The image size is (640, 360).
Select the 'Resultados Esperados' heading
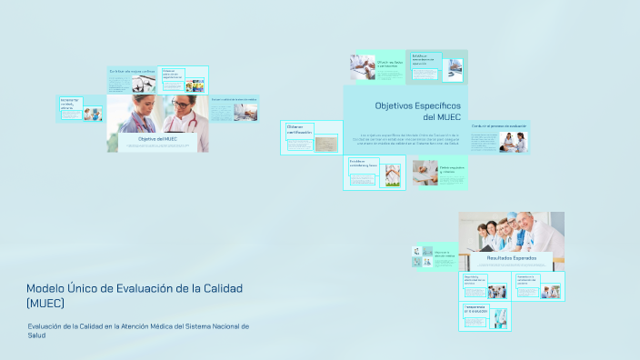(511, 258)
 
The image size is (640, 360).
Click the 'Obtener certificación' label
(299, 129)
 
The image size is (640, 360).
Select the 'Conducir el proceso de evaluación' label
(499, 125)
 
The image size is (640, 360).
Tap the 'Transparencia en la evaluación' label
(475, 309)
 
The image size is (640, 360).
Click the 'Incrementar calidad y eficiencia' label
(70, 105)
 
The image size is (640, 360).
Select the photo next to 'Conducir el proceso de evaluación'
(514, 142)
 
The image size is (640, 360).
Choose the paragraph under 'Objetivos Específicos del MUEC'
(406, 139)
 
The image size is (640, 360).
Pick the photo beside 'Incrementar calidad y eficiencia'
(93, 114)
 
